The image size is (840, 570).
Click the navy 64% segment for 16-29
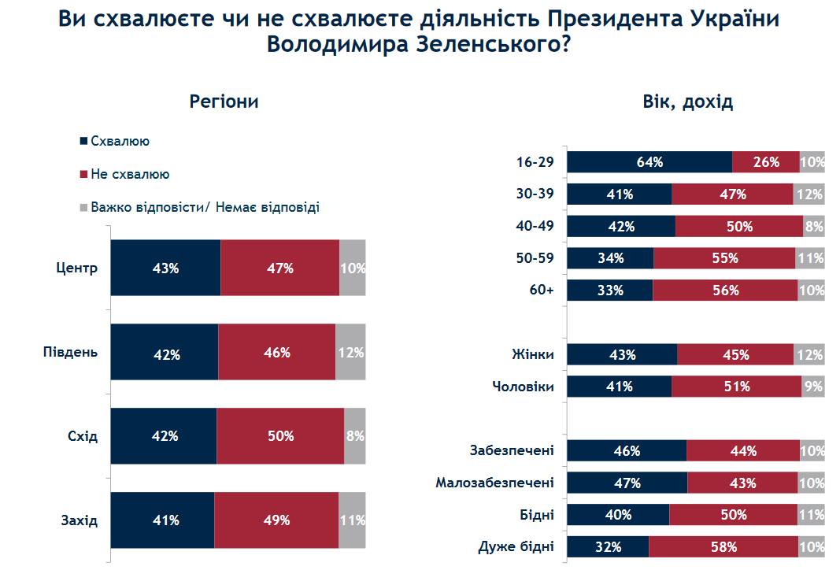point(649,161)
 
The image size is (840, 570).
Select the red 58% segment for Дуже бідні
point(722,547)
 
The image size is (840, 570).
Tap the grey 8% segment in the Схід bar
point(355,436)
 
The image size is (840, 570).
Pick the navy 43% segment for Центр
point(165,268)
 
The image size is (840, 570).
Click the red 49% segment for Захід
point(276,520)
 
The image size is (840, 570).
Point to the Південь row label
point(70,352)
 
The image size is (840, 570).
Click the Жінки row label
point(533,354)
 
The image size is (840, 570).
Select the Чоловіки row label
point(523,387)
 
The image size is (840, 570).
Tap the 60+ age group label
point(542,290)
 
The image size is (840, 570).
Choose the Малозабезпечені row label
point(494,483)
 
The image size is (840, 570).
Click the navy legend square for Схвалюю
point(83,142)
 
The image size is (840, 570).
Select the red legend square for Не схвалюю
point(83,174)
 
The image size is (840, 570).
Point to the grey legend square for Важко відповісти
point(83,208)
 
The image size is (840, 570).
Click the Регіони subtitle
point(224,102)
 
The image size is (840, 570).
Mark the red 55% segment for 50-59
point(724,258)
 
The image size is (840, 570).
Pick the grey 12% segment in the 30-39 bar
point(809,194)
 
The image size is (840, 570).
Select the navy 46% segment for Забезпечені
point(627,451)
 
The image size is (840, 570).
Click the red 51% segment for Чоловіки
point(737,387)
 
